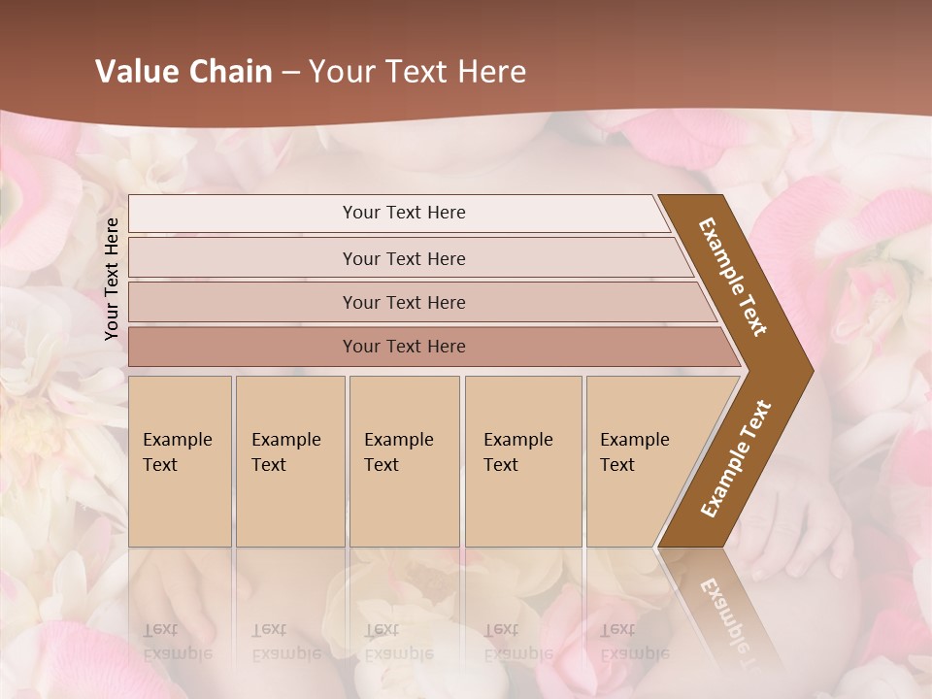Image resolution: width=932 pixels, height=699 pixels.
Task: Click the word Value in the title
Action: click(x=135, y=72)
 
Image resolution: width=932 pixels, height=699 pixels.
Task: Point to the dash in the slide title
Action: click(x=290, y=73)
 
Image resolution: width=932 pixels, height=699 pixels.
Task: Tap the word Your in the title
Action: click(x=340, y=72)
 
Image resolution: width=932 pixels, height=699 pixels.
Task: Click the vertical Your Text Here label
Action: click(x=112, y=279)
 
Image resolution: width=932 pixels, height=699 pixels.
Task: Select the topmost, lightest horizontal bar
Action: click(x=403, y=213)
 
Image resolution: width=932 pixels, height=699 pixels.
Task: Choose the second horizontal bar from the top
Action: click(x=403, y=258)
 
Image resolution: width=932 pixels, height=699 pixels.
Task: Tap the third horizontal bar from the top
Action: click(x=403, y=302)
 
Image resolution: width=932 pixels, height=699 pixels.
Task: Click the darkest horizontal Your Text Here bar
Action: click(x=403, y=347)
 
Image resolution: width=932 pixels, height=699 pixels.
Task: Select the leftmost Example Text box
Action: click(x=180, y=461)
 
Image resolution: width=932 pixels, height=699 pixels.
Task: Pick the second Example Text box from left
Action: click(x=289, y=461)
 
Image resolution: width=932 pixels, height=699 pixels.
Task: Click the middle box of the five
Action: click(x=404, y=461)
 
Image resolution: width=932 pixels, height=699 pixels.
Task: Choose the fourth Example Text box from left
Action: click(x=523, y=461)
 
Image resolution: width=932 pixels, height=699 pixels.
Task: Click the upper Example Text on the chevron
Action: click(x=733, y=277)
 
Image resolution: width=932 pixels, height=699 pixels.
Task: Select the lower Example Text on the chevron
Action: click(x=736, y=458)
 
